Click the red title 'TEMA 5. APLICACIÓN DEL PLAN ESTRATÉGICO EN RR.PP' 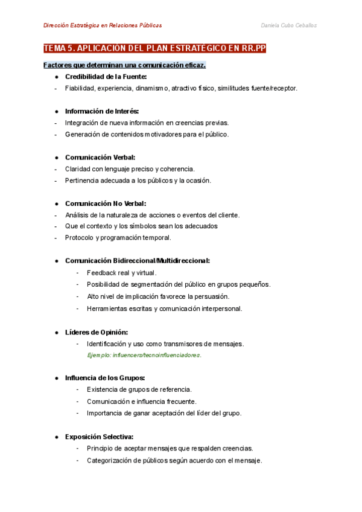(x=155, y=48)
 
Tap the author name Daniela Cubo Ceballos (x=288, y=25)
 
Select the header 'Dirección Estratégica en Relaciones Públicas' (x=103, y=25)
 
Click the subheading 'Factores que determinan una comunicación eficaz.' (x=124, y=65)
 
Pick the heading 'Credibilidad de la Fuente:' (x=106, y=77)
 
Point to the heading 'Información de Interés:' (x=101, y=111)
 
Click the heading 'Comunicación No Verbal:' (x=106, y=203)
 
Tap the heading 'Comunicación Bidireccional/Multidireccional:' (x=138, y=261)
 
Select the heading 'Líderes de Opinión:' (x=97, y=332)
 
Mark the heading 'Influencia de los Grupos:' (x=105, y=378)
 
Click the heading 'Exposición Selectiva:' (x=99, y=437)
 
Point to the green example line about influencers (x=144, y=355)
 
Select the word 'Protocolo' (x=79, y=237)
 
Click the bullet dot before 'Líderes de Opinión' (x=56, y=332)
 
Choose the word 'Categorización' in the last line (x=109, y=460)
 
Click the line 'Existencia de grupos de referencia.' (x=139, y=389)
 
